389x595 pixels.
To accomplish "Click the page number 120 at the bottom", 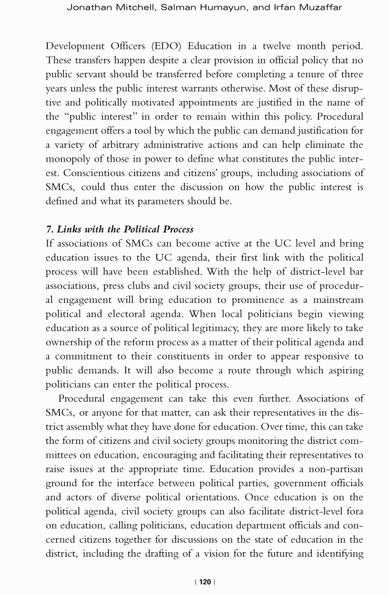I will click(205, 582).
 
